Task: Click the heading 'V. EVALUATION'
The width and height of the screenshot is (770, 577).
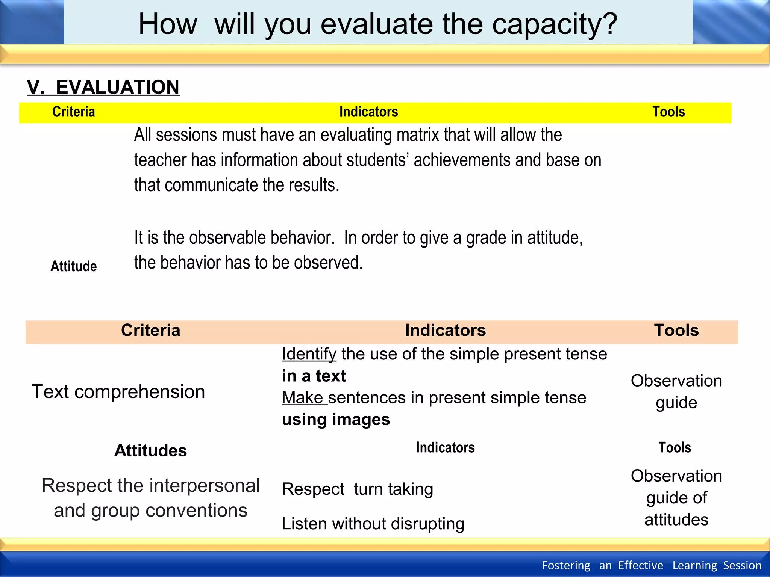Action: pyautogui.click(x=103, y=87)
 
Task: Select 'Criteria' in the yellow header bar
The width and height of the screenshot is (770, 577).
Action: pyautogui.click(x=74, y=112)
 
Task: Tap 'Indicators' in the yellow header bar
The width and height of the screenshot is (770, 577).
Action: pyautogui.click(x=368, y=112)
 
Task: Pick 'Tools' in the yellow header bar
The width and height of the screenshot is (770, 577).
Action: pyautogui.click(x=668, y=112)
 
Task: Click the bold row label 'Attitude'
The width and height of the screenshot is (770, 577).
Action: pyautogui.click(x=74, y=266)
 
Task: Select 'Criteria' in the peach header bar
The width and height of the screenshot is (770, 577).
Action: pyautogui.click(x=150, y=331)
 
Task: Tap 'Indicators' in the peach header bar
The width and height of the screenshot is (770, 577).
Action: pyautogui.click(x=445, y=331)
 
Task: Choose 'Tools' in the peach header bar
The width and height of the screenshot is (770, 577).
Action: pyautogui.click(x=676, y=331)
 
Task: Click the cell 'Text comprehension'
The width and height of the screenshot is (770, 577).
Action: pyautogui.click(x=118, y=392)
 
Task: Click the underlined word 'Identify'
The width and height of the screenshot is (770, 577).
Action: pyautogui.click(x=309, y=354)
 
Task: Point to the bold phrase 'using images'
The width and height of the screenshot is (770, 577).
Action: pyautogui.click(x=336, y=420)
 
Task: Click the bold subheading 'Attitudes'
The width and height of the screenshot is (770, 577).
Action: pyautogui.click(x=150, y=450)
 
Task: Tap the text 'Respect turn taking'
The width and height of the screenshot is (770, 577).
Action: pyautogui.click(x=357, y=489)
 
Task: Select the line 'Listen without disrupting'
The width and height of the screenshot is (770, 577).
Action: pyautogui.click(x=373, y=524)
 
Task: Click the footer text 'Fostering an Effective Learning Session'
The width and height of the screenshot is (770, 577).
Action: pyautogui.click(x=651, y=565)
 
